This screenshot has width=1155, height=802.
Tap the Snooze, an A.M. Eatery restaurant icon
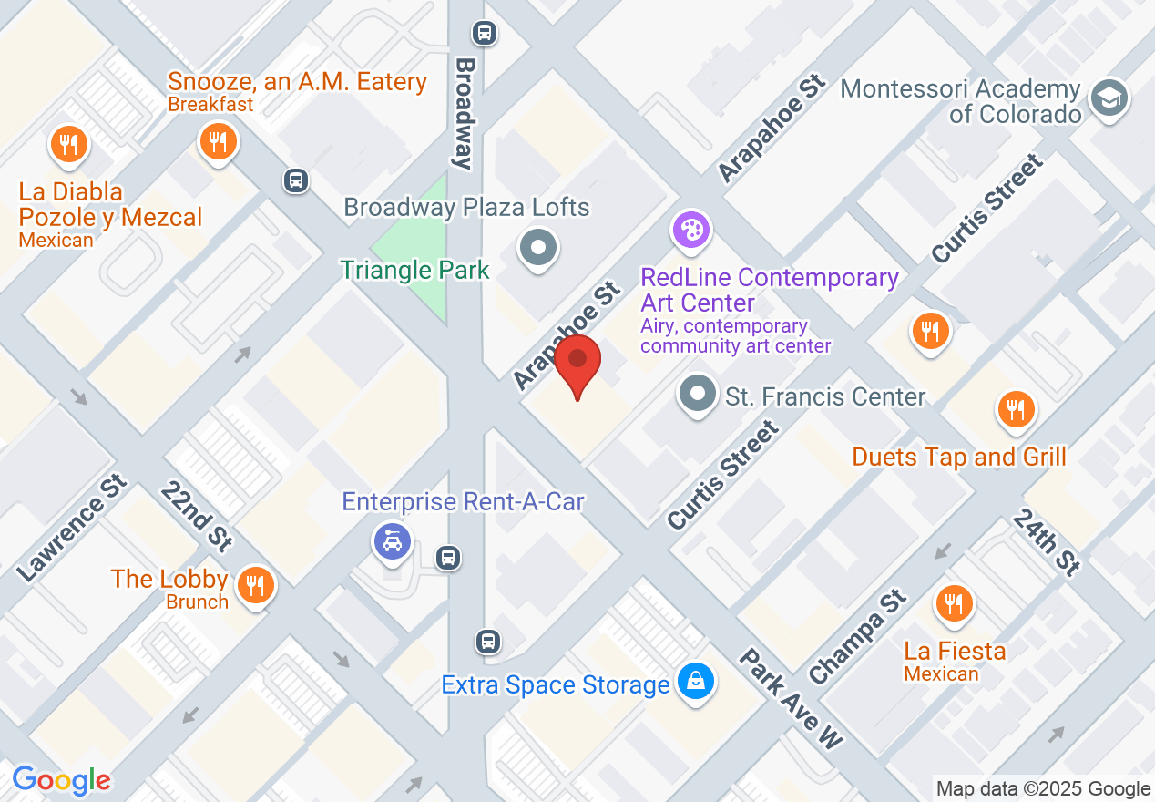tap(217, 142)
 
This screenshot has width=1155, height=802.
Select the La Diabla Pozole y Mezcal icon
tap(68, 145)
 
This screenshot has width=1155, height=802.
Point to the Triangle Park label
tap(414, 270)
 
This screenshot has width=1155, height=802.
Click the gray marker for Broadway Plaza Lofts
tap(537, 247)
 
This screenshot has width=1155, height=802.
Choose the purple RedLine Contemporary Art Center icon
tap(691, 229)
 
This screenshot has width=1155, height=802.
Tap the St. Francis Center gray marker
tap(698, 395)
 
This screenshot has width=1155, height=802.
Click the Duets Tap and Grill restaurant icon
tap(1015, 409)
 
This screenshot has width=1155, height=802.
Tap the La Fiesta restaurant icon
tap(953, 603)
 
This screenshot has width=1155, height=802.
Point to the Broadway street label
tap(465, 114)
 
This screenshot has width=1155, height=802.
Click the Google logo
tap(61, 780)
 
